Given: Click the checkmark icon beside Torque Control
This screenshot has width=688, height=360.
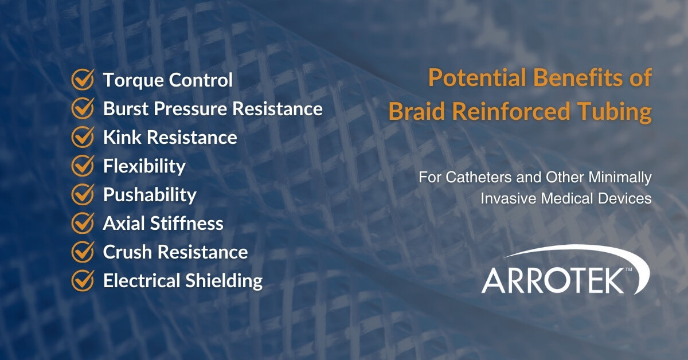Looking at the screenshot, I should click(x=83, y=80).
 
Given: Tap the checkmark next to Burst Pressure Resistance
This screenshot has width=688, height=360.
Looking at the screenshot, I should click(x=83, y=109).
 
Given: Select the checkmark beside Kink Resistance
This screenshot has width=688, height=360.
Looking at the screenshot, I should click(x=83, y=138).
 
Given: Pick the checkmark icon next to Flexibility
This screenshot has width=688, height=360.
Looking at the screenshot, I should click(x=83, y=166).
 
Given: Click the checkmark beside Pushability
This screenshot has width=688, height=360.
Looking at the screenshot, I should click(x=83, y=195).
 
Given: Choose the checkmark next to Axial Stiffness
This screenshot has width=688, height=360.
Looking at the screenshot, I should click(x=83, y=224).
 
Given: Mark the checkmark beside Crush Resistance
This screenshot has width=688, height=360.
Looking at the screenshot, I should click(x=83, y=252).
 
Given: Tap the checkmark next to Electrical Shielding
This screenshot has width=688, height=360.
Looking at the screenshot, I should click(x=83, y=281).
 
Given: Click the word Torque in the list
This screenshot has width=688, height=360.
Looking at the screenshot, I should click(x=130, y=80).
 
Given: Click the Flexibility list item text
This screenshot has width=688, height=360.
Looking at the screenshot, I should click(x=144, y=167).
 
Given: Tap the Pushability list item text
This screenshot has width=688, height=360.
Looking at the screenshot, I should click(x=150, y=195).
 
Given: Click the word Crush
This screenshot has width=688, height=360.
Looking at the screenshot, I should click(x=125, y=252).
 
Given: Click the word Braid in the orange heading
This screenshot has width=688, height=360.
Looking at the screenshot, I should click(x=414, y=112).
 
